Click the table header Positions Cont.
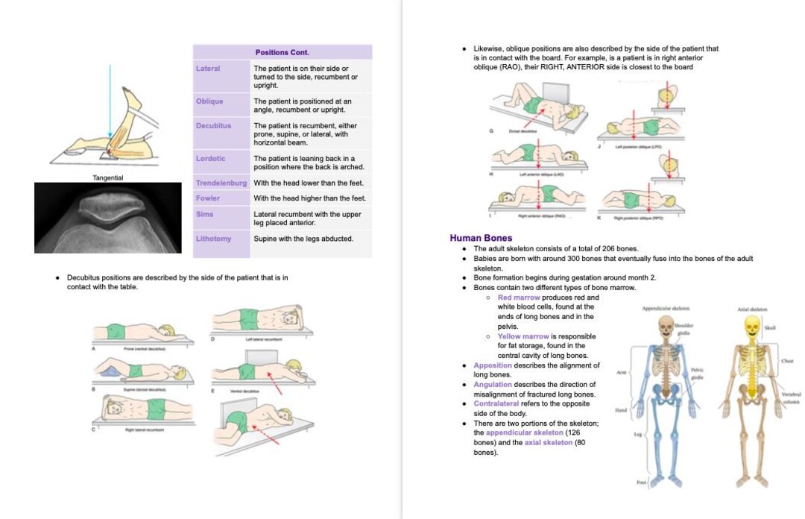282,52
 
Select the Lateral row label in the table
208,69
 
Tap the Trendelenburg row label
221,183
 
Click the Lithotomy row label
213,239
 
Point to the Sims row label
204,214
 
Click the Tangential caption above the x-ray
108,177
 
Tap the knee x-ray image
108,217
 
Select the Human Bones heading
481,238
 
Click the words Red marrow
519,298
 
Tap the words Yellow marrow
523,336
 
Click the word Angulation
493,385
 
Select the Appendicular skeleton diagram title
665,308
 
